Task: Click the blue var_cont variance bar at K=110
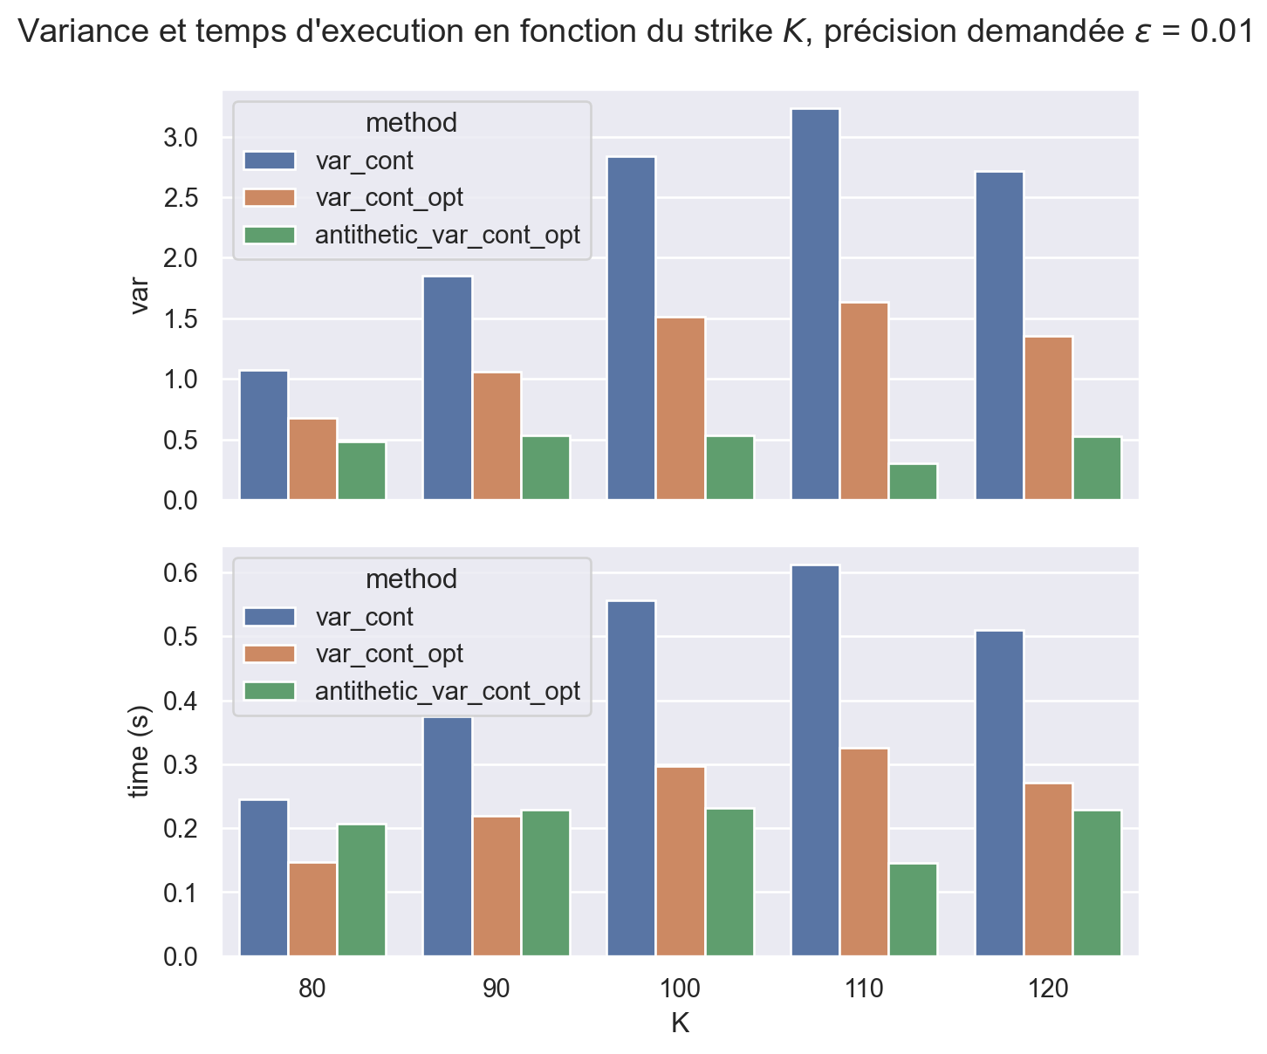pyautogui.click(x=816, y=305)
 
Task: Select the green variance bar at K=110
pyautogui.click(x=914, y=482)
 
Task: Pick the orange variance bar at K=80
pyautogui.click(x=312, y=459)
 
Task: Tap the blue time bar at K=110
pyautogui.click(x=816, y=760)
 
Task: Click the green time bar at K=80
pyautogui.click(x=361, y=890)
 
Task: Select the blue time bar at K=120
pyautogui.click(x=1000, y=793)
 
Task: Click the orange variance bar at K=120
pyautogui.click(x=1049, y=418)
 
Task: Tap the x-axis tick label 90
pyautogui.click(x=497, y=989)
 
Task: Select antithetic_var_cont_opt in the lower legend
pyautogui.click(x=447, y=691)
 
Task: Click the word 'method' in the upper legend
pyautogui.click(x=411, y=123)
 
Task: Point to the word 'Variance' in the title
pyautogui.click(x=76, y=32)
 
